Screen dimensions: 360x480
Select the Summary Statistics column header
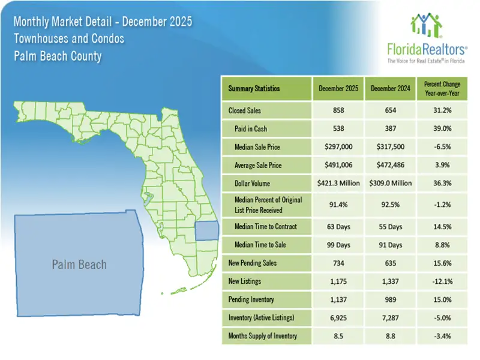click(254, 88)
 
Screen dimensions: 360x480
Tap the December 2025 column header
click(338, 88)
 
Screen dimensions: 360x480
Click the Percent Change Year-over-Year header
click(443, 88)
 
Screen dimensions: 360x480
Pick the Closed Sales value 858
click(338, 111)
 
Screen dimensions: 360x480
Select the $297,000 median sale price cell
click(338, 147)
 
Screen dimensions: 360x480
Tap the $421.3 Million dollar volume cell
click(338, 183)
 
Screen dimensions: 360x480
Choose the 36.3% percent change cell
click(443, 183)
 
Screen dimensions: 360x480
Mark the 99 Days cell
click(338, 244)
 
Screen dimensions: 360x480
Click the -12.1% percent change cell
click(443, 281)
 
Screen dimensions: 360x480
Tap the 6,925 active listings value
click(338, 317)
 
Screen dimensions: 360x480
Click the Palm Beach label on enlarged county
click(79, 265)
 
